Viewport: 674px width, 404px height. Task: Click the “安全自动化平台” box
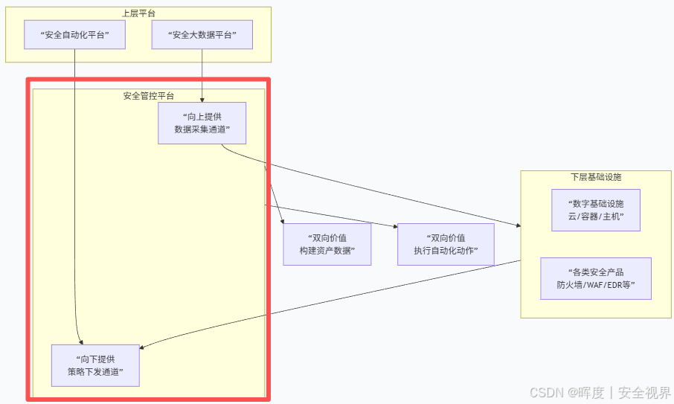coord(74,35)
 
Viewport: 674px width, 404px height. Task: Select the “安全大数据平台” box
coord(202,35)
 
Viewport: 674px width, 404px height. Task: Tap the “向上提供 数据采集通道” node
coord(202,123)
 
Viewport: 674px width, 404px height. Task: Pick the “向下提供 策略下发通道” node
coord(95,365)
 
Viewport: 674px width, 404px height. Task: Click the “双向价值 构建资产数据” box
coord(327,244)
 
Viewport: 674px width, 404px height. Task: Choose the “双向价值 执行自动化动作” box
coord(446,244)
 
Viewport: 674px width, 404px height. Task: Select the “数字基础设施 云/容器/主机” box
coord(595,210)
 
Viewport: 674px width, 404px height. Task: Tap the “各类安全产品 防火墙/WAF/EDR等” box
coord(595,278)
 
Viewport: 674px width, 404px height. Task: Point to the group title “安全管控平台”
coord(149,96)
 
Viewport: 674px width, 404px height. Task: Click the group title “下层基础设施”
coord(596,177)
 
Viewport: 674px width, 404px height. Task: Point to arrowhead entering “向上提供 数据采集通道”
coord(202,99)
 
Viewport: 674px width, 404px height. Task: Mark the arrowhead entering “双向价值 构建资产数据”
coord(283,220)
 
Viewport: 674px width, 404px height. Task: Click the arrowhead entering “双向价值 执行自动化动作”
coord(394,225)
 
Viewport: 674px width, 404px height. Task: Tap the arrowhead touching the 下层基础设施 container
coord(518,225)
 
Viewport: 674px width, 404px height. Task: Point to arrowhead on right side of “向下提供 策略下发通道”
coord(143,347)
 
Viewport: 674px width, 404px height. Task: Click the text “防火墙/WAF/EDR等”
coord(595,285)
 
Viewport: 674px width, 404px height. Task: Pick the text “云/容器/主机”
coord(595,217)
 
